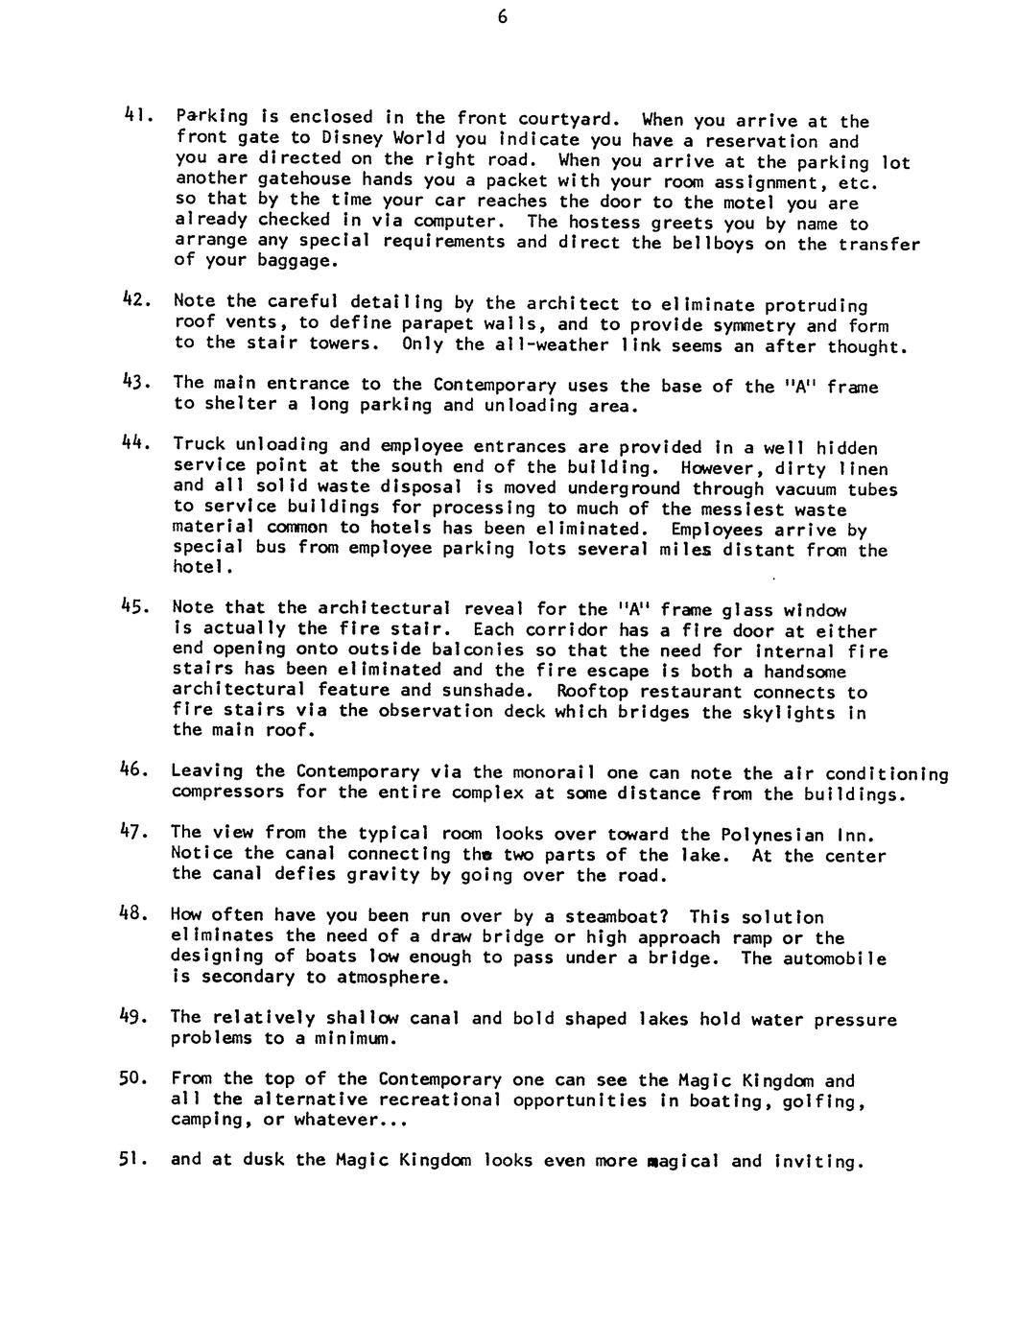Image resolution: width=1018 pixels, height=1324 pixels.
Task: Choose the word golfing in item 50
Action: point(828,1100)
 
